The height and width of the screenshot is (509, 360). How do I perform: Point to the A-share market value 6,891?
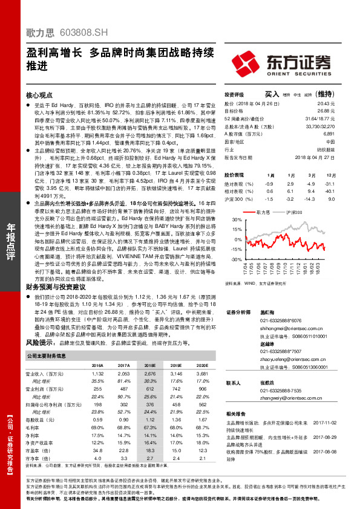coord(328,134)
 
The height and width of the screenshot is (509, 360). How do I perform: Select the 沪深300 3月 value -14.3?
coord(310,198)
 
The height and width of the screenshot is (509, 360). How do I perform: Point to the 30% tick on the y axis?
coord(229,220)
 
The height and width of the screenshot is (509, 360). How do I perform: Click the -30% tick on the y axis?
coord(229,259)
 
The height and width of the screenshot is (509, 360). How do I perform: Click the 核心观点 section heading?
coord(39,96)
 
